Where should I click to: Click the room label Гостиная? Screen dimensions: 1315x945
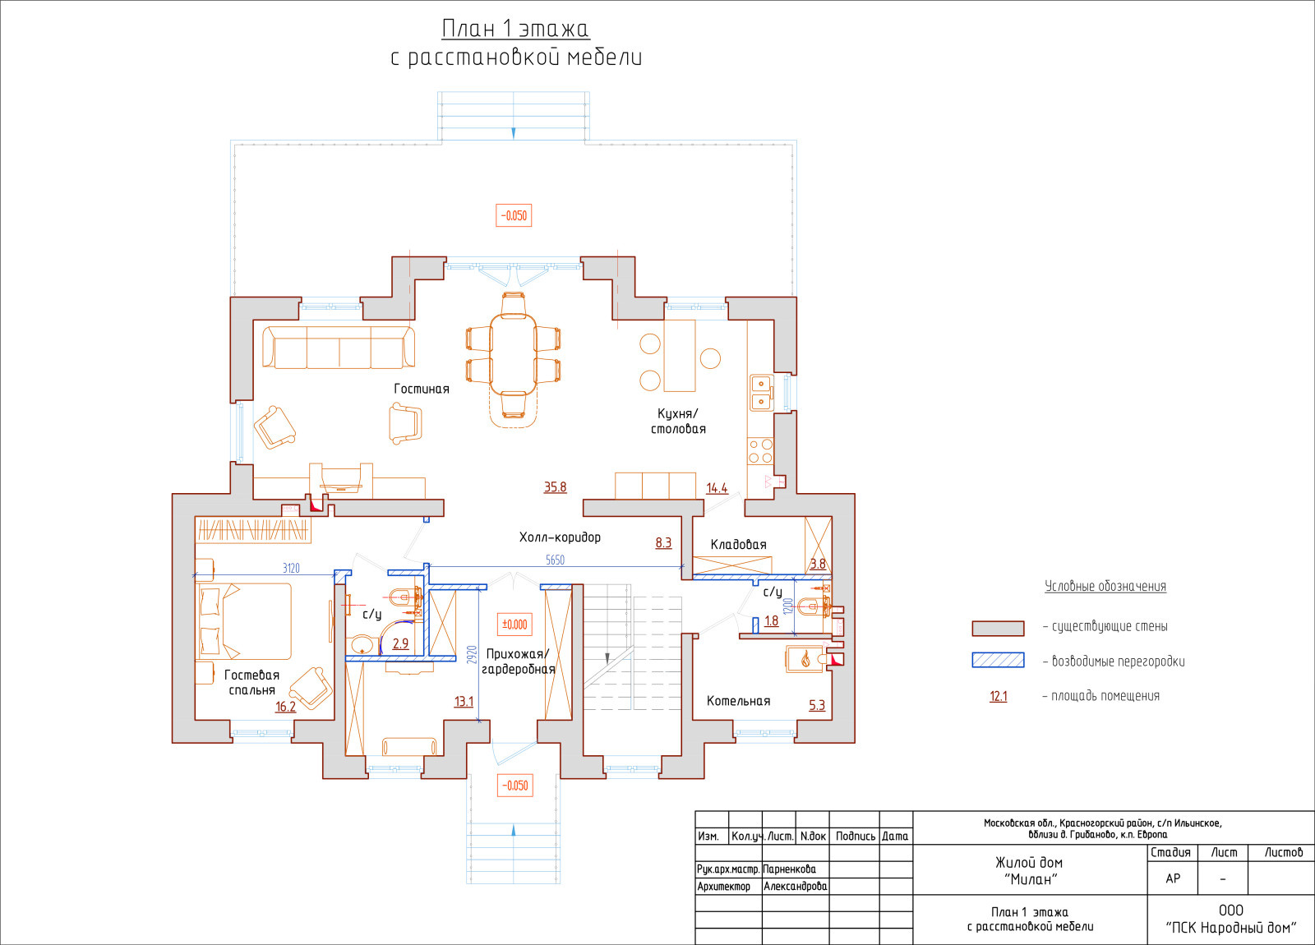pos(422,389)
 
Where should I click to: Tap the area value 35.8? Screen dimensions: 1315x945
pos(556,487)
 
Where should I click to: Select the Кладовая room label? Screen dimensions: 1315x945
pos(739,545)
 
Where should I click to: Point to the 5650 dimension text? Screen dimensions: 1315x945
pos(556,560)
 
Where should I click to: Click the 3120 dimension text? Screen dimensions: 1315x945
pos(291,568)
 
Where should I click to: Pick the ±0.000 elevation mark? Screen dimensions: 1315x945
pos(514,625)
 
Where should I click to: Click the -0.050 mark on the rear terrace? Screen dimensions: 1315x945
pos(514,215)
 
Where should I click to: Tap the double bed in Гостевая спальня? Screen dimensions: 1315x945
pos(244,620)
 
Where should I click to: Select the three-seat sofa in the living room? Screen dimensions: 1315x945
pos(339,348)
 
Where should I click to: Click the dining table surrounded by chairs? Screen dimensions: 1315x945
pos(513,354)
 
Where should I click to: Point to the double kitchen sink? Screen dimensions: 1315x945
pos(761,393)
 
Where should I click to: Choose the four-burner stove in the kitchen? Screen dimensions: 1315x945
pos(760,451)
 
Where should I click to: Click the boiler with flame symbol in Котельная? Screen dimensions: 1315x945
pos(806,658)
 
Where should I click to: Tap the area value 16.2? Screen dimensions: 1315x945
pos(286,707)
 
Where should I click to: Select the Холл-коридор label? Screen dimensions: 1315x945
pos(560,537)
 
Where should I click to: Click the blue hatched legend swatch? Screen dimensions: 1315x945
pos(998,661)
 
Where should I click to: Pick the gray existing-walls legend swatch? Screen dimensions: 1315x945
pos(998,628)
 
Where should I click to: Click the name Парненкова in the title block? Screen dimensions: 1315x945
pos(790,869)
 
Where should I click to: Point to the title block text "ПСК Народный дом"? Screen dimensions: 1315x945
pos(1231,928)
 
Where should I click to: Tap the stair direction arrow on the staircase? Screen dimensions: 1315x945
pos(607,658)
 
